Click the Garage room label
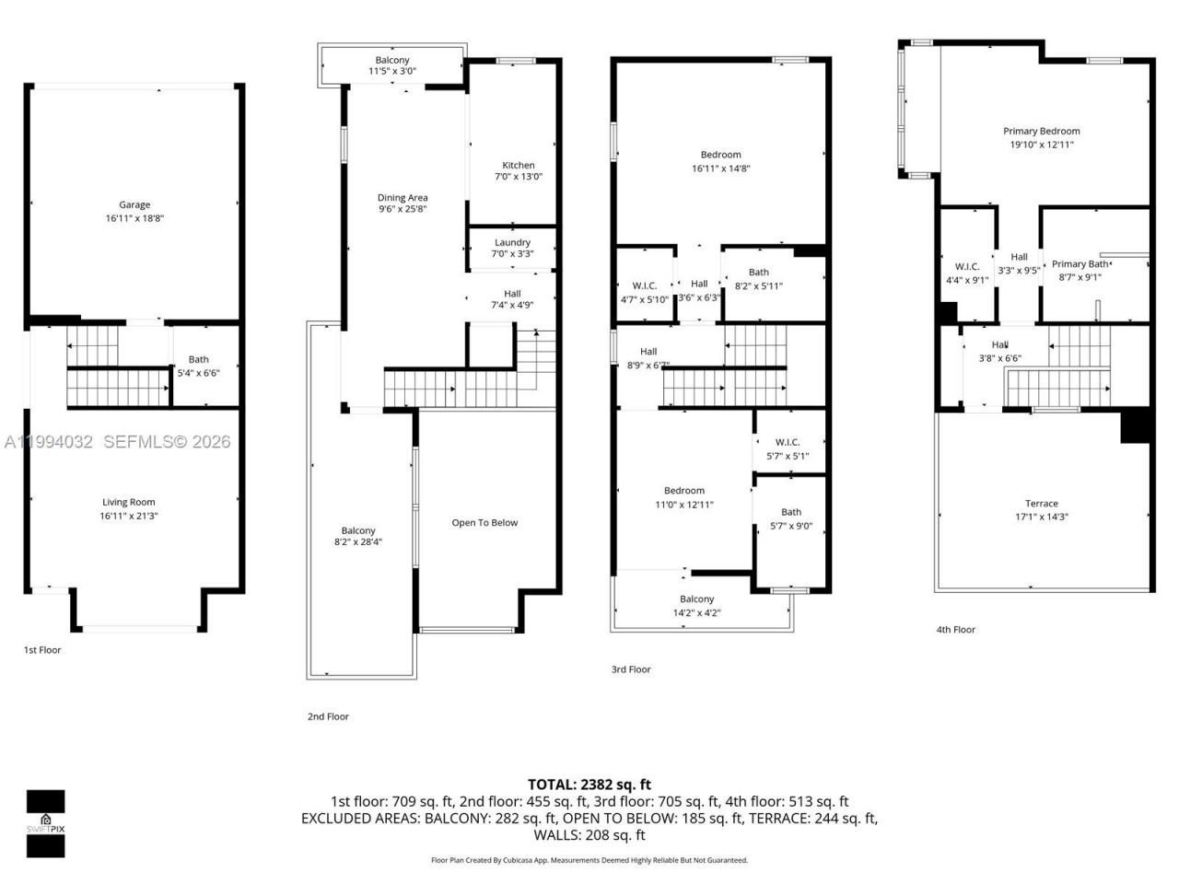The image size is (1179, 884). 134,205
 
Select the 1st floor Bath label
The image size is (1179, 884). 199,360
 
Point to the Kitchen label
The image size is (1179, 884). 519,166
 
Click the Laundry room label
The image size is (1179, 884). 513,243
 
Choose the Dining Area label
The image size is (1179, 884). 403,198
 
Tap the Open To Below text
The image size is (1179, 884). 484,523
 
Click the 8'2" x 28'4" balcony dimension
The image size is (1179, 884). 358,542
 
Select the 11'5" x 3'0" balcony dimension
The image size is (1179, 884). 392,71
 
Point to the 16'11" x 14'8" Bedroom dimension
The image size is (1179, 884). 721,169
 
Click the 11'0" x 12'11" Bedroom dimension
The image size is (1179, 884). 684,504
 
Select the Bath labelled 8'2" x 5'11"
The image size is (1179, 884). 759,273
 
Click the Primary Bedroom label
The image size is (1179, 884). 1042,132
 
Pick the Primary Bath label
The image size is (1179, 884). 1080,264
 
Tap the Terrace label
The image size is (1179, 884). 1042,504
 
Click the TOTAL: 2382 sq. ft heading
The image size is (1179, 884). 589,785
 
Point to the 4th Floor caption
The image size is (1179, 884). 956,630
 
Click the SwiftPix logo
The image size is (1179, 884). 45,822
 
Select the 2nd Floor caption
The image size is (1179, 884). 328,716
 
